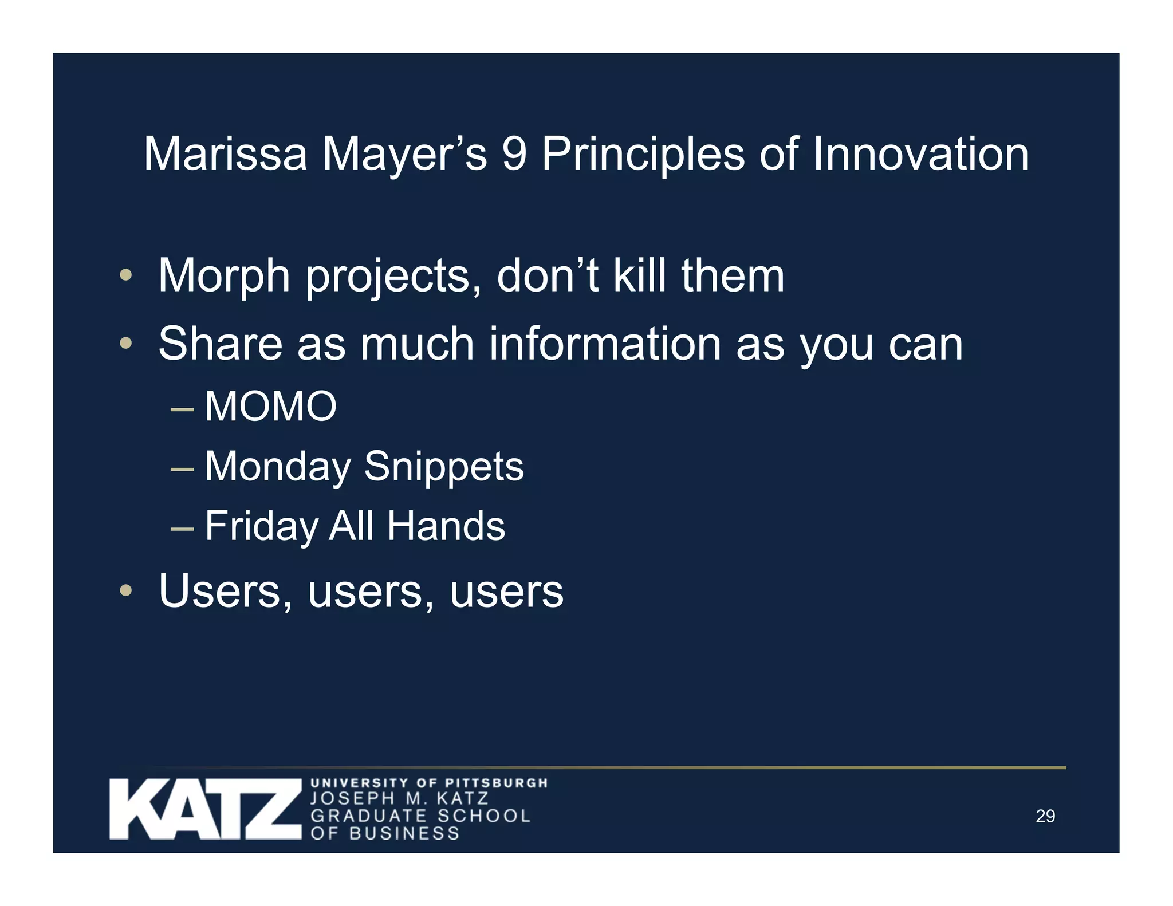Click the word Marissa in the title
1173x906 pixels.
225,154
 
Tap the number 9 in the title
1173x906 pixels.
514,154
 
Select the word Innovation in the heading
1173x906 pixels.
920,154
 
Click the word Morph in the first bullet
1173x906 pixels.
223,276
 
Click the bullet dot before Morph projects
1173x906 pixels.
126,275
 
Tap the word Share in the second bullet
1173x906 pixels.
220,344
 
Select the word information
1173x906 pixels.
605,344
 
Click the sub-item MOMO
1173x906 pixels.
270,407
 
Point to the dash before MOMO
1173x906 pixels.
182,409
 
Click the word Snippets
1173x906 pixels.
444,467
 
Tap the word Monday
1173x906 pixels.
277,467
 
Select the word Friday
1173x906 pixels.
261,526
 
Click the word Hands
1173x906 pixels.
446,526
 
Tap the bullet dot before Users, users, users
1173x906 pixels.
126,590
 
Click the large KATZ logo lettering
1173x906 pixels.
205,809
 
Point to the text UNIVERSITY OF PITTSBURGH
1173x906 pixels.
429,783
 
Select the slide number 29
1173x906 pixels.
1045,816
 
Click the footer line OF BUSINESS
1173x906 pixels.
385,833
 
